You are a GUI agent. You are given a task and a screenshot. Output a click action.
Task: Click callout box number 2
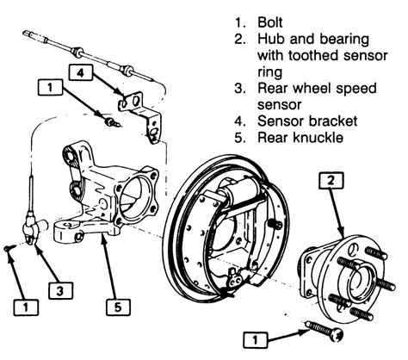(x=331, y=181)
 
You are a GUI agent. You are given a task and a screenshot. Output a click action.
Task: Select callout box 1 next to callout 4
(x=51, y=87)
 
